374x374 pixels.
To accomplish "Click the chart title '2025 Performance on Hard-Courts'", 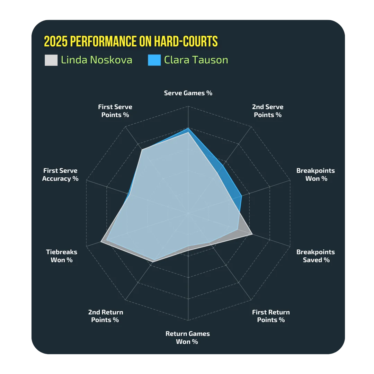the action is pyautogui.click(x=131, y=41).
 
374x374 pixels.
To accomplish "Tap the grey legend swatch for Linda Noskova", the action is pyautogui.click(x=51, y=60).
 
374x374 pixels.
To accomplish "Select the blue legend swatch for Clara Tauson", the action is pyautogui.click(x=154, y=60).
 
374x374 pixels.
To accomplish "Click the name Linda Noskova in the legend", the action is pyautogui.click(x=97, y=60).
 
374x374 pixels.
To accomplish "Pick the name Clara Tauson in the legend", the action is pyautogui.click(x=196, y=60).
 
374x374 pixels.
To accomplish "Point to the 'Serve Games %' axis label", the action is pyautogui.click(x=188, y=93).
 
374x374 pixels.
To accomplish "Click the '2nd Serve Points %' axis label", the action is pyautogui.click(x=268, y=111).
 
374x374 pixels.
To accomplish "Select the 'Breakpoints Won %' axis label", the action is pyautogui.click(x=315, y=175).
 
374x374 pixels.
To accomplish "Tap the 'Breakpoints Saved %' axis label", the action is pyautogui.click(x=315, y=256).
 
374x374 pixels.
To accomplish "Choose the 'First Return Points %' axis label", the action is pyautogui.click(x=271, y=316).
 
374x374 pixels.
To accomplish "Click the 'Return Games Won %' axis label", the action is pyautogui.click(x=187, y=338).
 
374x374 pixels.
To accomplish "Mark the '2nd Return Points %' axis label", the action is pyautogui.click(x=105, y=316).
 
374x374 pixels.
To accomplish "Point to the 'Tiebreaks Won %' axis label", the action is pyautogui.click(x=62, y=256).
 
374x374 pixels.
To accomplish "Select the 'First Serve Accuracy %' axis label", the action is pyautogui.click(x=60, y=175).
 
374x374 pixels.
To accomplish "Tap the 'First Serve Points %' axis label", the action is pyautogui.click(x=115, y=111).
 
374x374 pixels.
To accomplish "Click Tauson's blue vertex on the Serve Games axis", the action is pyautogui.click(x=188, y=128).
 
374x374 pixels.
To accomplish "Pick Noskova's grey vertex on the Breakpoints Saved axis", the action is pyautogui.click(x=252, y=234).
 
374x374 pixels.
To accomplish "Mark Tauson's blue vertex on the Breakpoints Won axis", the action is pyautogui.click(x=242, y=196).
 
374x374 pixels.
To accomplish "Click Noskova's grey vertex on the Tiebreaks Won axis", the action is pyautogui.click(x=101, y=242).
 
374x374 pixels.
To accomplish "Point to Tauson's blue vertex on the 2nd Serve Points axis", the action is pyautogui.click(x=223, y=166).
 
